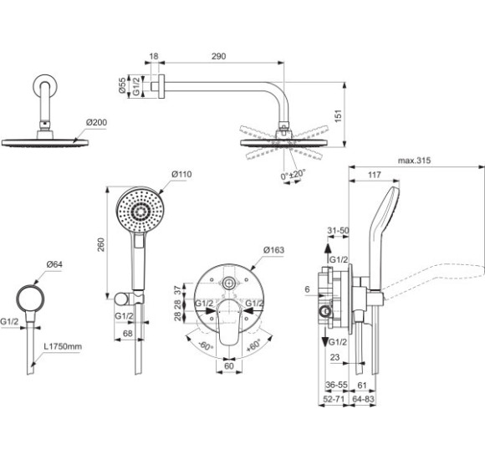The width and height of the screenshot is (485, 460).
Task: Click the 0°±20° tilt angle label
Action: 295,175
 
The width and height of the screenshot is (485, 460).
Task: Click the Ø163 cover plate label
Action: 275,249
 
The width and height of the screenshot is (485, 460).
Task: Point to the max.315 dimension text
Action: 416,160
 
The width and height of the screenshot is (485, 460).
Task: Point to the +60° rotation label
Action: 252,343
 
